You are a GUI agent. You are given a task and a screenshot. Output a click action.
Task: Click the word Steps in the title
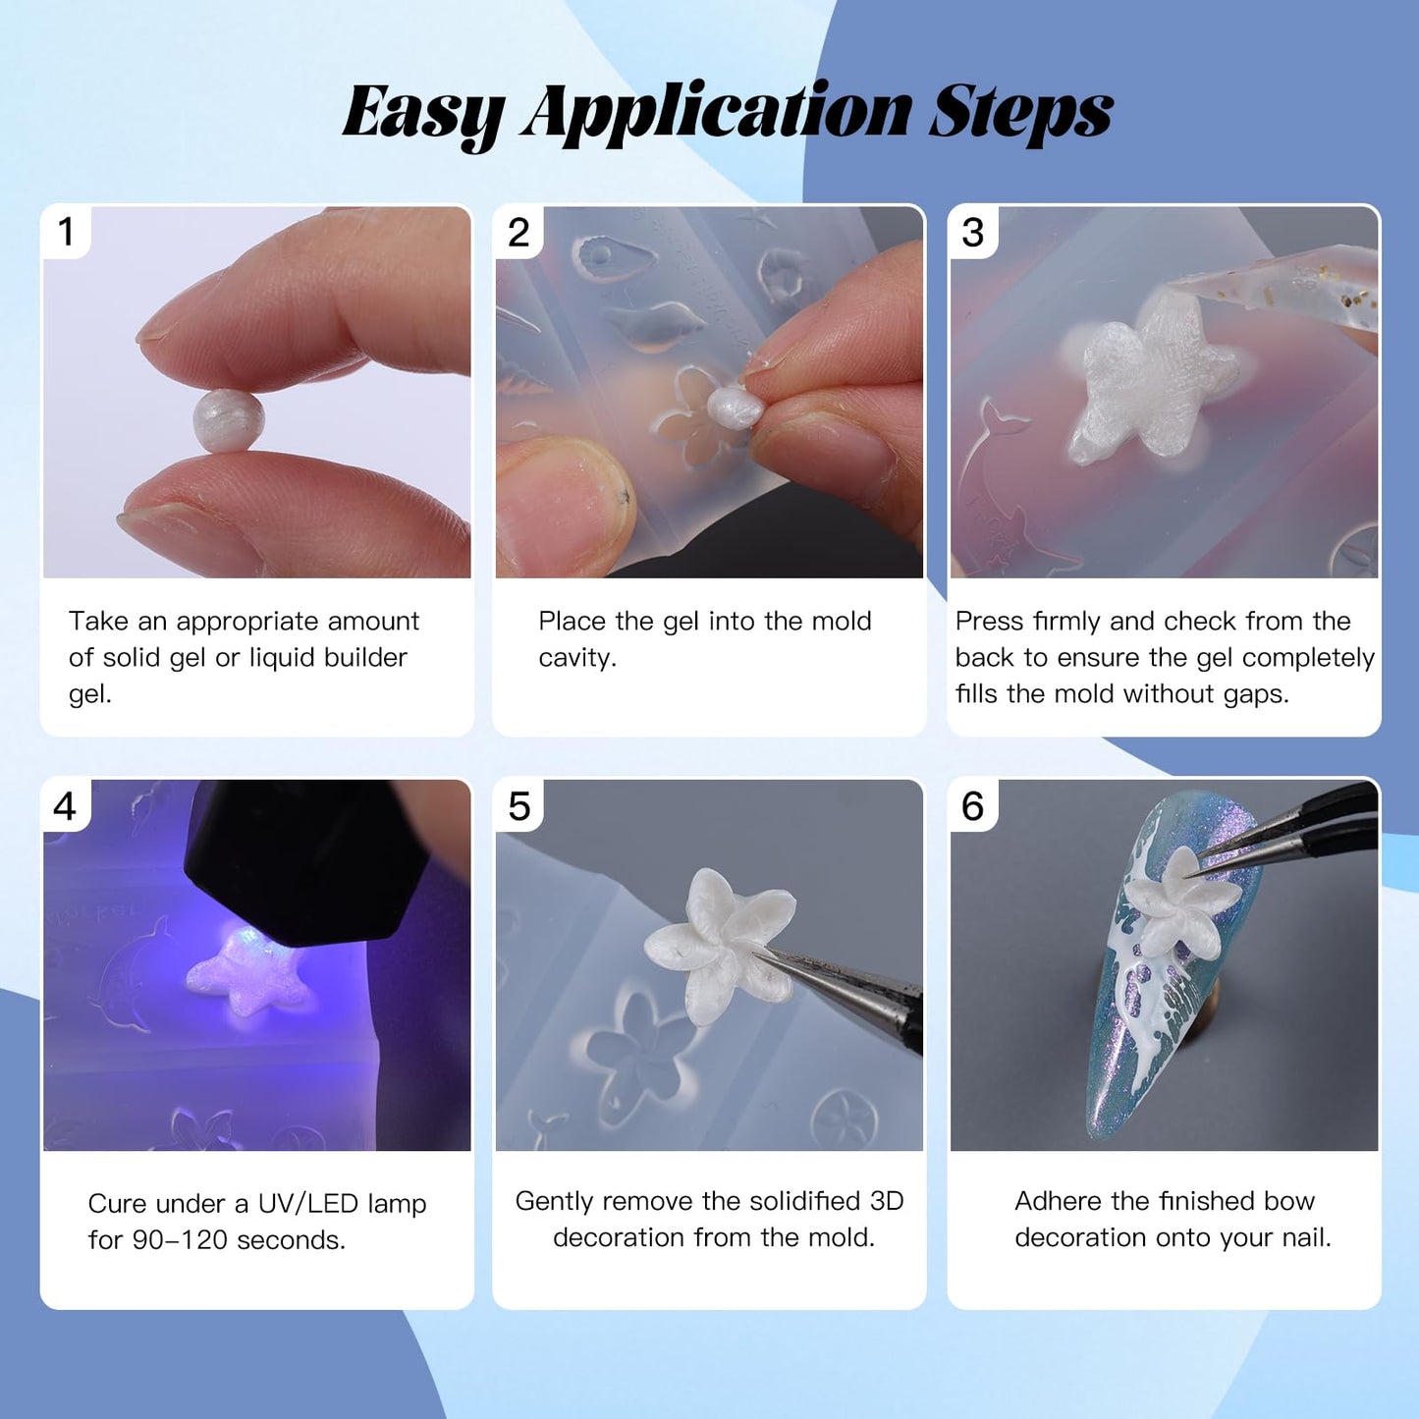[1020, 113]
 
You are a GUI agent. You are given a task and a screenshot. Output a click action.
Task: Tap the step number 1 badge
[66, 231]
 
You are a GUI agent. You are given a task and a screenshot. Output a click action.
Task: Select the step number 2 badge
[519, 232]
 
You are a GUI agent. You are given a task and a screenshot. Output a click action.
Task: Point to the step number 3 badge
[973, 232]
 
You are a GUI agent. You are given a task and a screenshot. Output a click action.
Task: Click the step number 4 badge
[66, 805]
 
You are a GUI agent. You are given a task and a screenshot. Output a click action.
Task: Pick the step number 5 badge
[519, 805]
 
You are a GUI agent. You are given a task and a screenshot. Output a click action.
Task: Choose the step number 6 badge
[973, 805]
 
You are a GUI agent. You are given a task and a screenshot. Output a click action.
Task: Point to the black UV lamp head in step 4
[309, 865]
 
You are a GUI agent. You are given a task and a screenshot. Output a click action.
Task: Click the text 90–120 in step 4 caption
[178, 1239]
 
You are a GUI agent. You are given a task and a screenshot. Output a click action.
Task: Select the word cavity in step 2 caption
[576, 658]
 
